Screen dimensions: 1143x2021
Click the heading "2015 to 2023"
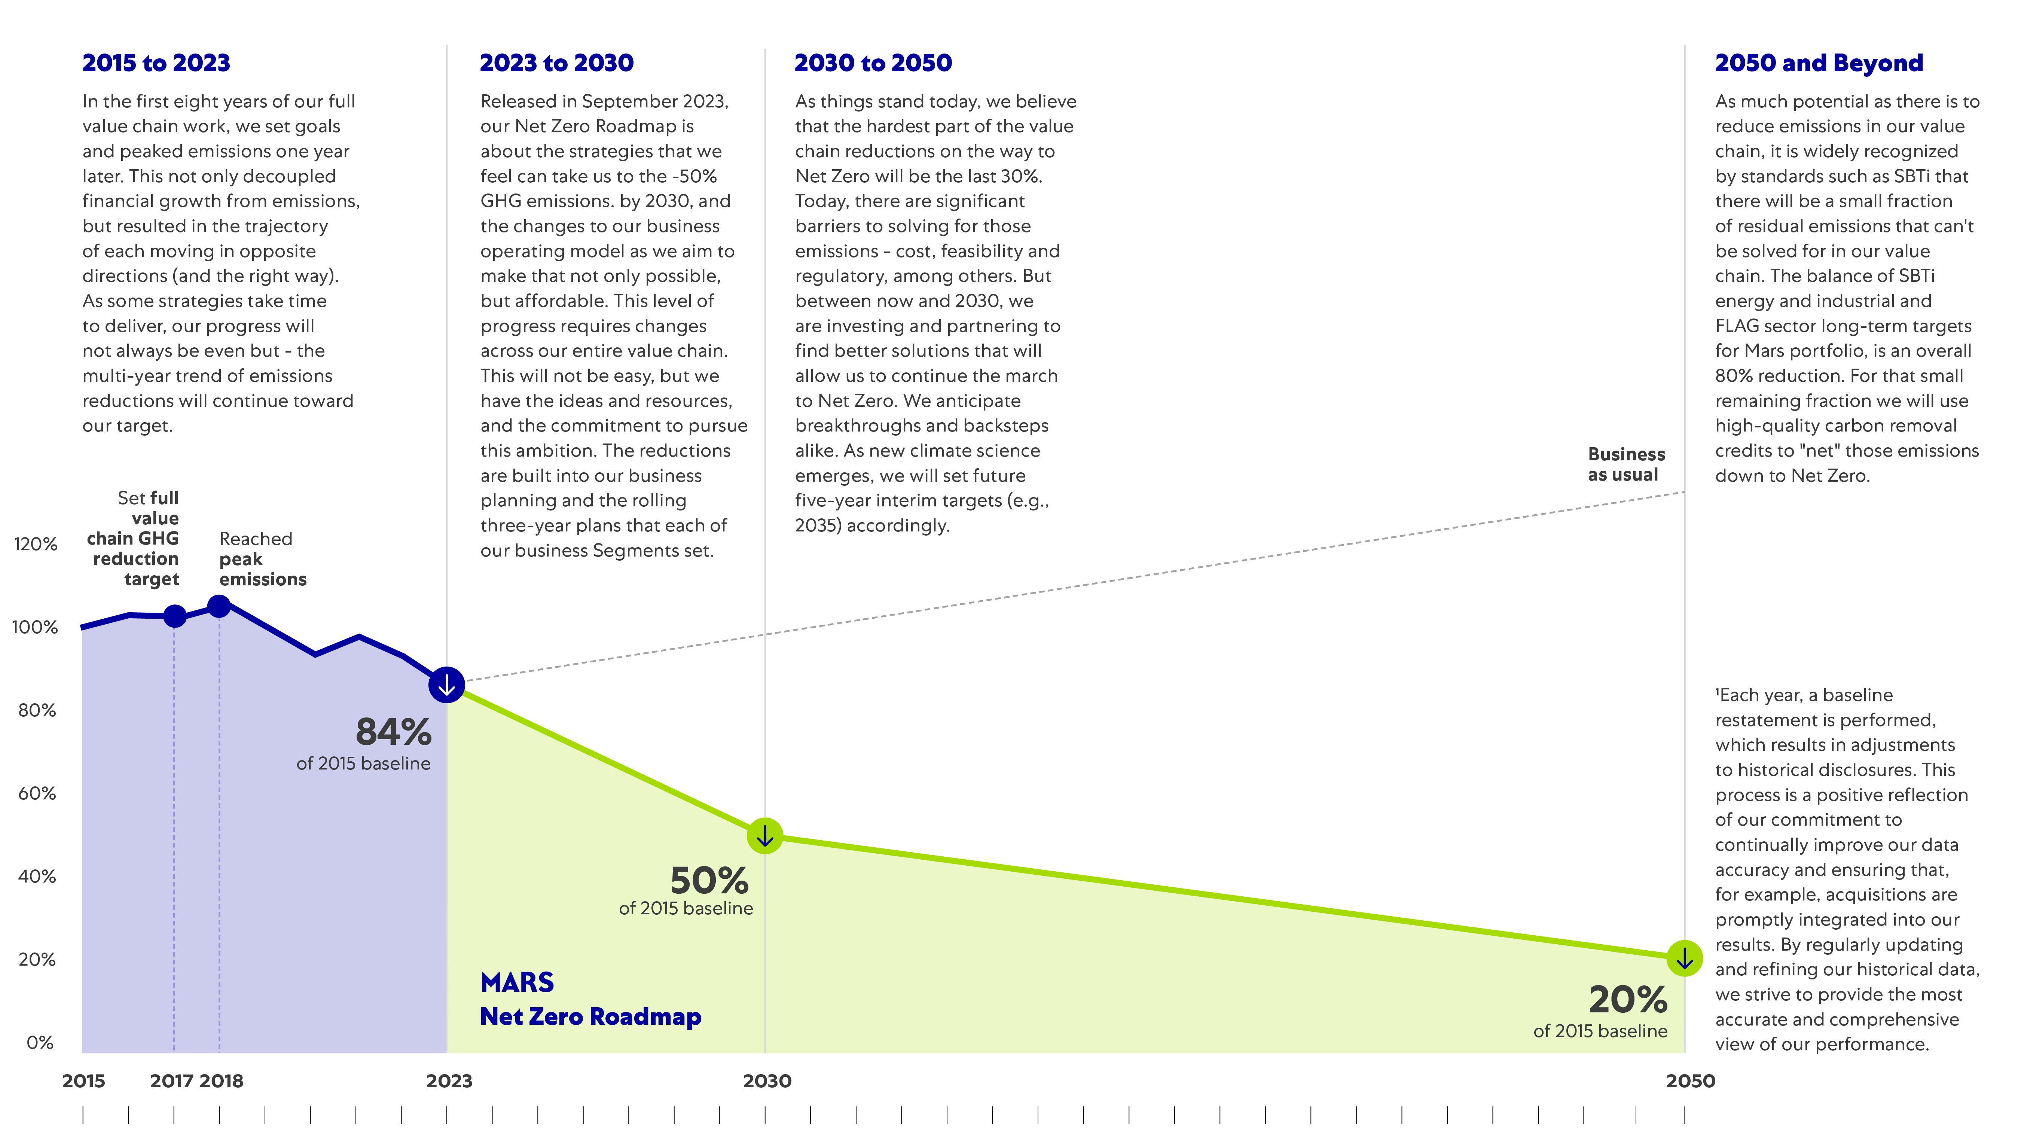coord(156,63)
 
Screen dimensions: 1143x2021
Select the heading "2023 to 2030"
coord(556,63)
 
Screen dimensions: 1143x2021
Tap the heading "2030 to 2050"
coord(873,63)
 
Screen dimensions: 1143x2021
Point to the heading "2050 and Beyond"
coord(1819,63)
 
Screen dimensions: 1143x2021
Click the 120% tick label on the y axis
coord(35,544)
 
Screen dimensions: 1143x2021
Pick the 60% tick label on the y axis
coord(37,794)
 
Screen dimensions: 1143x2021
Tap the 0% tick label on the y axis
coord(40,1043)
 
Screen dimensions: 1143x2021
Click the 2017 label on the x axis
coord(171,1081)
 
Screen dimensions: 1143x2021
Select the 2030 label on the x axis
coord(767,1081)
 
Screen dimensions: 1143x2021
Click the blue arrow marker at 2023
coord(446,685)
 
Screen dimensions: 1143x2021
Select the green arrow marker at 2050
coord(1684,958)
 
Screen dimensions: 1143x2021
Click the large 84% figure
coord(393,732)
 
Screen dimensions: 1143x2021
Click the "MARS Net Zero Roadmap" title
coord(590,999)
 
